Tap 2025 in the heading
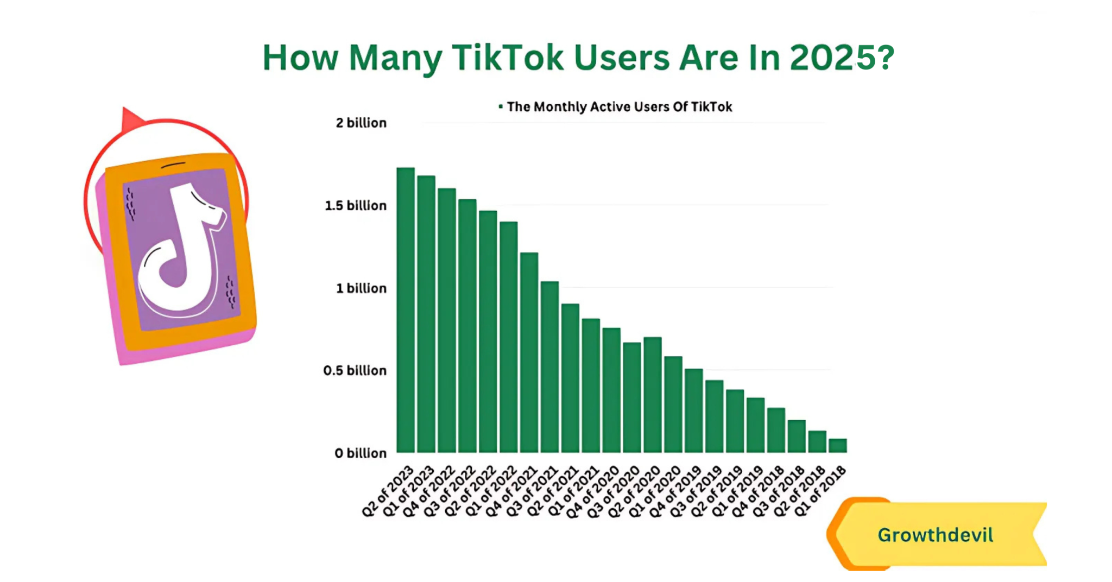(823, 58)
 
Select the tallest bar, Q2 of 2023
(406, 309)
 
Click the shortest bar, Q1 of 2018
(838, 446)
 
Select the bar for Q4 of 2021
(529, 353)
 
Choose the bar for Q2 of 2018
(817, 442)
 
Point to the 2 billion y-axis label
(361, 123)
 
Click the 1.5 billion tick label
(356, 206)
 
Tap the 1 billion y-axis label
(361, 288)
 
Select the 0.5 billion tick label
(355, 371)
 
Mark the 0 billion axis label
(361, 453)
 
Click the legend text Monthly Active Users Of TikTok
(619, 107)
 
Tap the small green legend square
(501, 106)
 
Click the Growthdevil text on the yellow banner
(935, 535)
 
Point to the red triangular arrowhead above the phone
(130, 118)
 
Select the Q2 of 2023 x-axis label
(388, 492)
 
